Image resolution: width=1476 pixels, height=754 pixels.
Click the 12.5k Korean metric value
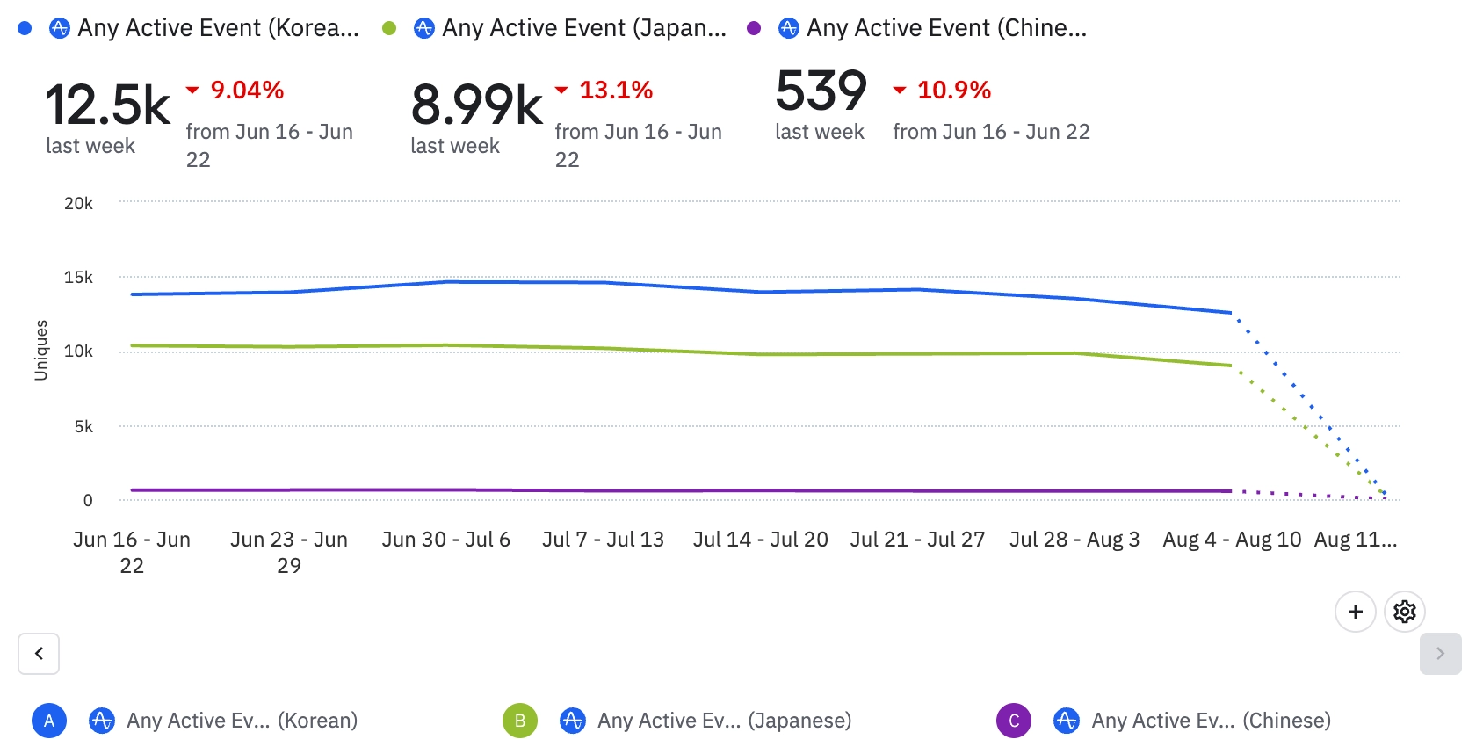(x=107, y=105)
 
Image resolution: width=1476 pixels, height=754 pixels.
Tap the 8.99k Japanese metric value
(x=476, y=105)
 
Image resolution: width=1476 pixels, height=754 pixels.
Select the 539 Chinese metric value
(x=821, y=91)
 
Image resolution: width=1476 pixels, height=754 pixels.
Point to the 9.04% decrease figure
(x=247, y=90)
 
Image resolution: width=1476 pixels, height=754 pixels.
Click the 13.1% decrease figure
(x=616, y=90)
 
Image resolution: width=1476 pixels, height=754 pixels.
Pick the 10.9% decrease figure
(x=954, y=90)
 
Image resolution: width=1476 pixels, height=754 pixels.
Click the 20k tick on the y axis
(x=78, y=203)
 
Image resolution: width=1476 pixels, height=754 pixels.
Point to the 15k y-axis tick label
(x=78, y=278)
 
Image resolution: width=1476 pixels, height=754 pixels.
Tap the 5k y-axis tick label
(x=83, y=426)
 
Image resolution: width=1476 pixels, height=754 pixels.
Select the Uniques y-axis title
(x=40, y=350)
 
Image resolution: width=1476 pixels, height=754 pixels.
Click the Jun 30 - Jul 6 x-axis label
(x=445, y=540)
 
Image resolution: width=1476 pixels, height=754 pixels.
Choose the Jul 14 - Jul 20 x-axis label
(x=760, y=540)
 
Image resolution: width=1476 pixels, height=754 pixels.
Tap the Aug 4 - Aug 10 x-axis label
(x=1232, y=540)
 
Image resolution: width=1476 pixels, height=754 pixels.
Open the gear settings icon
(x=1404, y=612)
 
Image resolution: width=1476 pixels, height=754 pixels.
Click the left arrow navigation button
(x=39, y=654)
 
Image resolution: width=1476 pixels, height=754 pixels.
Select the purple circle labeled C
(x=1013, y=721)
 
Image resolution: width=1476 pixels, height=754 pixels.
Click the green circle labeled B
(x=519, y=721)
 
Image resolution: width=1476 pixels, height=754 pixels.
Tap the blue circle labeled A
(x=49, y=721)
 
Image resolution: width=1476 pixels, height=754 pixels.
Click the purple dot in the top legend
(x=754, y=28)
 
